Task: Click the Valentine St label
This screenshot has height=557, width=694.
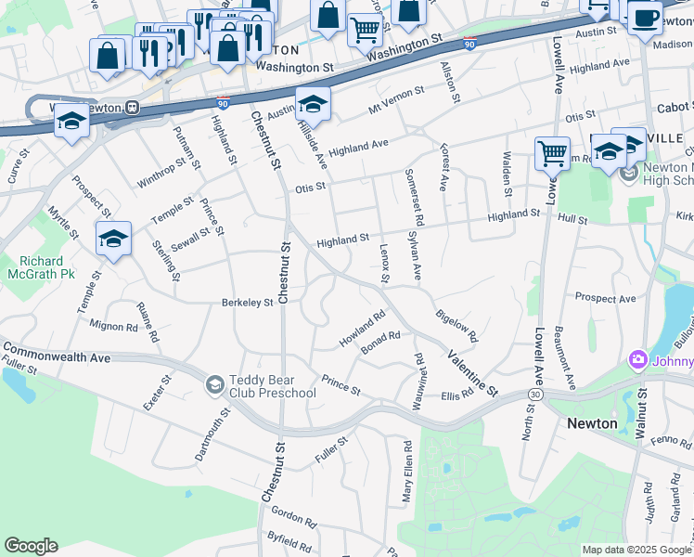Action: click(x=472, y=371)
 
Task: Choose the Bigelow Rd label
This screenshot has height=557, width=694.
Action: click(x=456, y=327)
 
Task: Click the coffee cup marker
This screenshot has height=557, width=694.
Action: click(x=645, y=18)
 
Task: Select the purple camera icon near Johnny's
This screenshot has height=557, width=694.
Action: click(x=637, y=359)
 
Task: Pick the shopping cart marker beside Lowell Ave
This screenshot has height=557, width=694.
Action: click(x=552, y=152)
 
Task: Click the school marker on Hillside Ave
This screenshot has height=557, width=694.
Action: click(x=314, y=105)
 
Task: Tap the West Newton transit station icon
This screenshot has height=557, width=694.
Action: click(x=134, y=107)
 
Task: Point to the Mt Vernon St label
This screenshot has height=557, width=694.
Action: click(x=396, y=99)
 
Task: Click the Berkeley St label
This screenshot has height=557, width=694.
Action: click(x=247, y=303)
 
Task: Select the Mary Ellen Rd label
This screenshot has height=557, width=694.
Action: click(x=406, y=472)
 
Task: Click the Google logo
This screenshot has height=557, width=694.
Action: click(x=32, y=546)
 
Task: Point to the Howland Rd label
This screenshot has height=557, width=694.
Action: click(x=362, y=330)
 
